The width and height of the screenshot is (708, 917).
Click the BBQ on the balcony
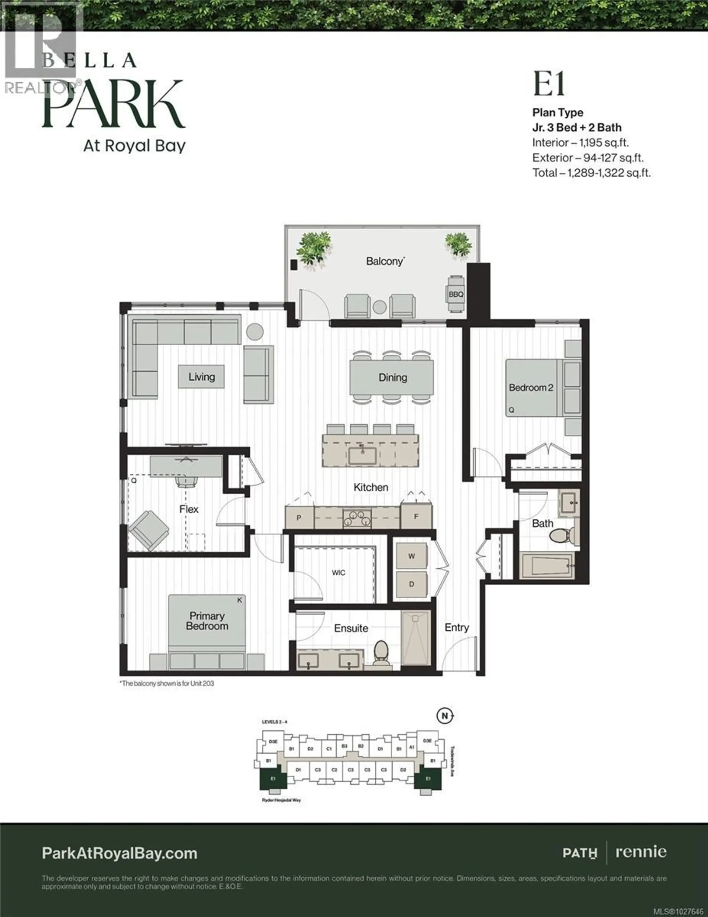[456, 294]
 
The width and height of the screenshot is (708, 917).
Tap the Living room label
[201, 377]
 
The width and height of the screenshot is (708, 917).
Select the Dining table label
[392, 378]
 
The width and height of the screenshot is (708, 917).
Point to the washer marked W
[412, 556]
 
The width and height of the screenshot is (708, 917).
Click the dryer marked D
[412, 584]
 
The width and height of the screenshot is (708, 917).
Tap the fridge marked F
[416, 517]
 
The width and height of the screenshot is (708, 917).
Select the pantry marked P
[299, 518]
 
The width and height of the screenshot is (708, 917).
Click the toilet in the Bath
[559, 536]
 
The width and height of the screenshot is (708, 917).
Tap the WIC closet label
[338, 573]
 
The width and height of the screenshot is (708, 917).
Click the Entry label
[457, 627]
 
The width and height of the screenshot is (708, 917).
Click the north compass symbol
[445, 716]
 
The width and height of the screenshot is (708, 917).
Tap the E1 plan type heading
[549, 85]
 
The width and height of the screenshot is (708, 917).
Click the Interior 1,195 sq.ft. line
[580, 143]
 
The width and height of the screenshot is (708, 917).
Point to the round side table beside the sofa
[254, 332]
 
